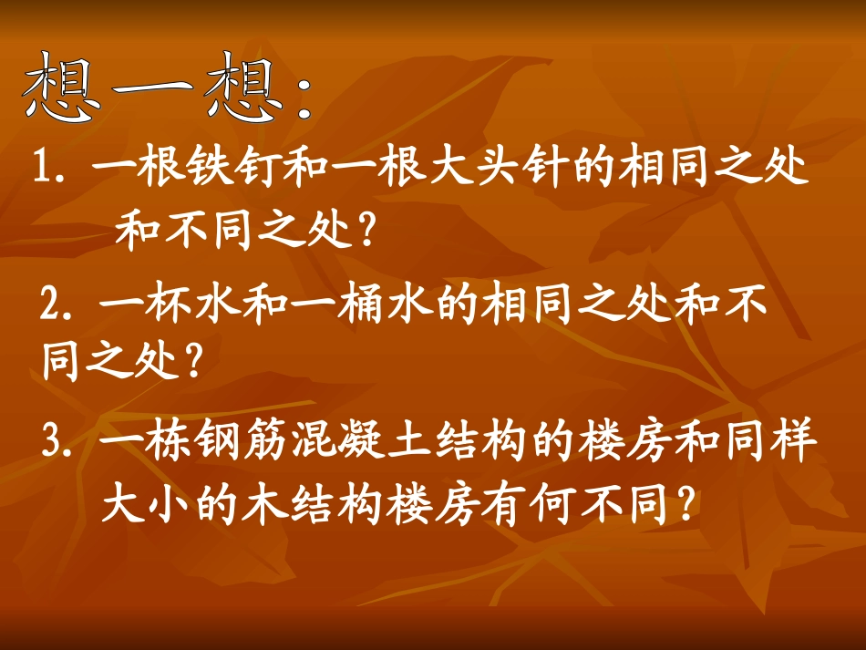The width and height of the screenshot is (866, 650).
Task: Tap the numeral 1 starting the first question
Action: click(42, 170)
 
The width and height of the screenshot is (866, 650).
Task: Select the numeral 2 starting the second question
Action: click(52, 302)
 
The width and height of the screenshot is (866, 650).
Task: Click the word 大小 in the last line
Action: click(147, 503)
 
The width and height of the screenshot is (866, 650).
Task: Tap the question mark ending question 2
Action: click(191, 363)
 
